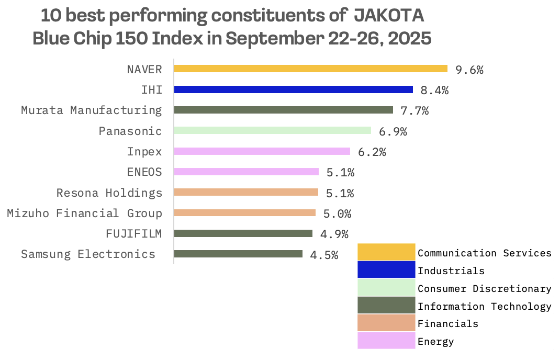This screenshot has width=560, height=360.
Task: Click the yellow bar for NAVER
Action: coord(310,69)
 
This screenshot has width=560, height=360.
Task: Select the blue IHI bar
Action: coord(294,89)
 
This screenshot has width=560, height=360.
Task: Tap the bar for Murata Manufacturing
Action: coord(283,110)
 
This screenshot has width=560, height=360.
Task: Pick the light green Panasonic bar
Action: coord(272,130)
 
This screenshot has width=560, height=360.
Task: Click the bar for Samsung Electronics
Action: coord(238,254)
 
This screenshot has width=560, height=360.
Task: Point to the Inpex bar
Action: coord(262,151)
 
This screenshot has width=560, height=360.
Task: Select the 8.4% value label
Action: coord(434,91)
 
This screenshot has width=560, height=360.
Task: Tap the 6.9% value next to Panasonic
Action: coord(393,132)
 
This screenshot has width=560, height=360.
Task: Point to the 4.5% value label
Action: coord(324,255)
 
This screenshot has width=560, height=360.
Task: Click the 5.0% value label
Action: coord(337,214)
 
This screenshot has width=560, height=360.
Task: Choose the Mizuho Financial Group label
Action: coord(84,213)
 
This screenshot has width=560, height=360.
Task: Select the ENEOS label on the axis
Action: coord(144,172)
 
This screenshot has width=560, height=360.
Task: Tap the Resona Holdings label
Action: coord(109,193)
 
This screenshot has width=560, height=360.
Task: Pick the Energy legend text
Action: coord(435,342)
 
